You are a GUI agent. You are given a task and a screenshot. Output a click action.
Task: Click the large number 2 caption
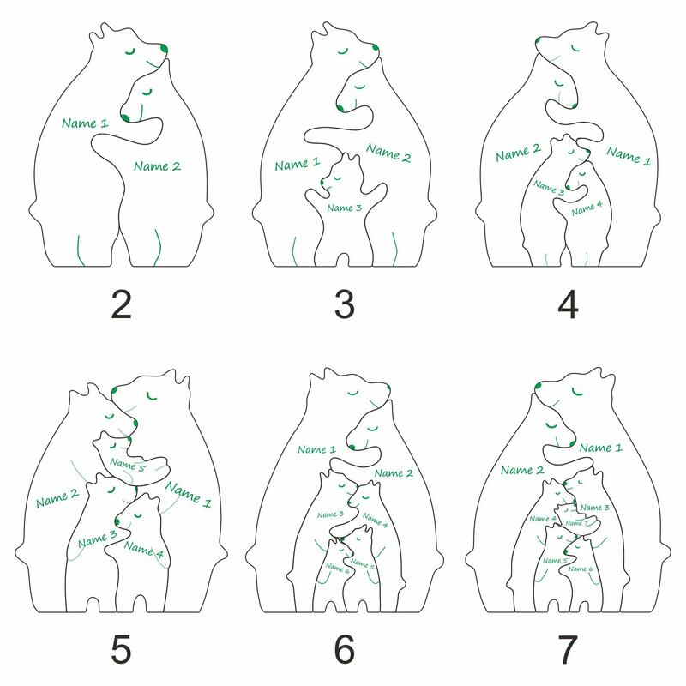[x=121, y=304]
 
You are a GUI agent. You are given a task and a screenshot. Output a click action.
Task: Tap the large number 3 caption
[x=345, y=304]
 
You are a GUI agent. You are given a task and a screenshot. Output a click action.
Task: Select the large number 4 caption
[x=568, y=304]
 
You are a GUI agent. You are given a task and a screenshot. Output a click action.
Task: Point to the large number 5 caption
[x=121, y=649]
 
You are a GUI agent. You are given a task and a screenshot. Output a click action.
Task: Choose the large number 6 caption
[x=345, y=649]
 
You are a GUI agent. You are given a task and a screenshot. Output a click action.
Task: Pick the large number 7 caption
[x=568, y=649]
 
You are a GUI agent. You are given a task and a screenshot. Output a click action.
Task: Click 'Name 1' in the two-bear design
[x=85, y=123]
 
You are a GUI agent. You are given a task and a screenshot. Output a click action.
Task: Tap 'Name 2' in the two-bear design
[x=157, y=166]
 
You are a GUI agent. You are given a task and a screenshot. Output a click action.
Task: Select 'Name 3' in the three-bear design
[x=345, y=208]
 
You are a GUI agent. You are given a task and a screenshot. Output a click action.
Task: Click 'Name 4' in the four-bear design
[x=587, y=208]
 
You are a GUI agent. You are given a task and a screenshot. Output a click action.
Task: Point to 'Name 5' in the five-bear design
[x=127, y=465]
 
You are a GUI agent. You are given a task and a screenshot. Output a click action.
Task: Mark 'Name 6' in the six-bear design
[x=337, y=568]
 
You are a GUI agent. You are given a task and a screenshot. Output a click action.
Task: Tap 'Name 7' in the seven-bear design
[x=576, y=523]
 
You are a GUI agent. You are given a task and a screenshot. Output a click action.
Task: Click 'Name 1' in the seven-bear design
[x=601, y=448]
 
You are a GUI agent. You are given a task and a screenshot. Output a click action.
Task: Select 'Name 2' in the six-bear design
[x=394, y=473]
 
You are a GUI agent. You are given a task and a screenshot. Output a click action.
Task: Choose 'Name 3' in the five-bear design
[x=98, y=539]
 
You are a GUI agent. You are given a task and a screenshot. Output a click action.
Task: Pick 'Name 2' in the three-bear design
[x=388, y=153]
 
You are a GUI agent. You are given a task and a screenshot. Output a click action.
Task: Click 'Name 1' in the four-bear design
[x=629, y=156]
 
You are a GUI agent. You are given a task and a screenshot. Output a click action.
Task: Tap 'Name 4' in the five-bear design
[x=143, y=550]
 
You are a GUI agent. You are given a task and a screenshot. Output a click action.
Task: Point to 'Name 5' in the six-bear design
[x=362, y=563]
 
